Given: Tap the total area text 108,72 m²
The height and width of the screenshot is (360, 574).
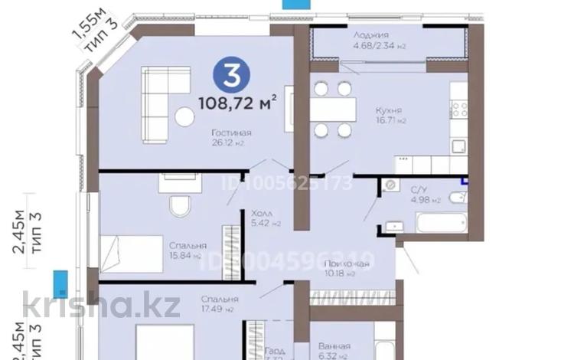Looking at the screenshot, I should pyautogui.click(x=236, y=100).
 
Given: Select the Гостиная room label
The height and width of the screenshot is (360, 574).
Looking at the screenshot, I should pyautogui.click(x=233, y=133).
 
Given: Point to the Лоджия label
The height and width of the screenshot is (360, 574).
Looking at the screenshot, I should pyautogui.click(x=370, y=35).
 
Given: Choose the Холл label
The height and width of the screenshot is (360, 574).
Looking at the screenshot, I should pyautogui.click(x=263, y=214).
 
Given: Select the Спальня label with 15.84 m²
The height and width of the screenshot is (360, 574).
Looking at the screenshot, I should pyautogui.click(x=187, y=246).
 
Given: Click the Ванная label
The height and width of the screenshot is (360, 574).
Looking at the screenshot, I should pyautogui.click(x=335, y=345).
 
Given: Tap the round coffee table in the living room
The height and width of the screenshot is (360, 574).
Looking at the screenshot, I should pyautogui.click(x=184, y=116).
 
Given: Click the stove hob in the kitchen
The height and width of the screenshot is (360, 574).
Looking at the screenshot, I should pyautogui.click(x=458, y=110).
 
